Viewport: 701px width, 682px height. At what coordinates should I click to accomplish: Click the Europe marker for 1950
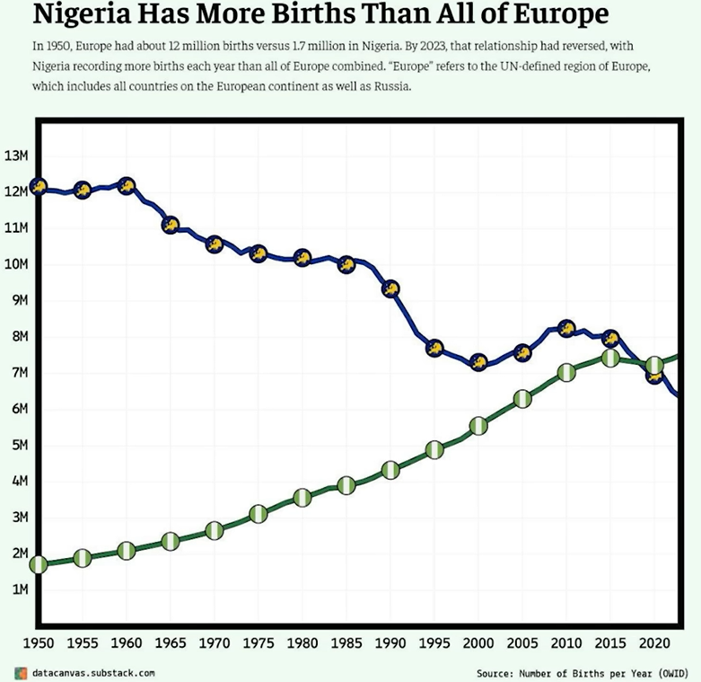point(38,186)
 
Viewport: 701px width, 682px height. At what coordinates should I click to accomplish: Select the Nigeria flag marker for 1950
point(38,564)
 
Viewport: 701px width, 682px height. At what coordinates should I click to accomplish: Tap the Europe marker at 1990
point(390,289)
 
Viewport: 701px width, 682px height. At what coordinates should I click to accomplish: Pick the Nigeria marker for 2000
point(478,425)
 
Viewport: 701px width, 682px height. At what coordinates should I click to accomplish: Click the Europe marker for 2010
point(566,328)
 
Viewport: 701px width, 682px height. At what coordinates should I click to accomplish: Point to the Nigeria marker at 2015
point(610,358)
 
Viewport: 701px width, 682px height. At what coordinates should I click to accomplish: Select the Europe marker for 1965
point(171,225)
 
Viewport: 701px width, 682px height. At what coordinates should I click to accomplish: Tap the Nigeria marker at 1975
point(258,514)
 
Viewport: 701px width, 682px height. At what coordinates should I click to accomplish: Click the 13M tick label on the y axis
point(17,155)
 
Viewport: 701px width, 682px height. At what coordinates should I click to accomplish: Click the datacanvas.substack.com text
point(93,672)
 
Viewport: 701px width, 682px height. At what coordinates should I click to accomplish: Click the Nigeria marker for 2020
point(654,365)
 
